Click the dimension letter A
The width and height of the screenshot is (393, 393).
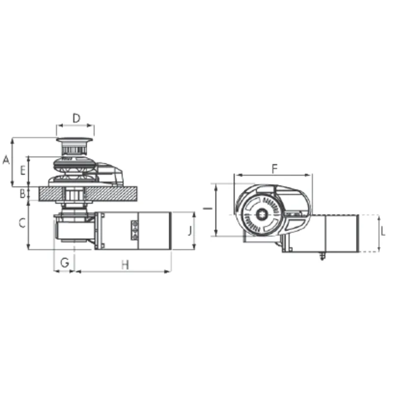click(x=6, y=160)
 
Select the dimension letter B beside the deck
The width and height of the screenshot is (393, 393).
click(x=22, y=194)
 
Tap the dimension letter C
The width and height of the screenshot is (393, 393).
click(x=22, y=224)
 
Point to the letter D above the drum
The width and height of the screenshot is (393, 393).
click(x=76, y=118)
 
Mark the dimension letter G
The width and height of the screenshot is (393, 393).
click(x=64, y=263)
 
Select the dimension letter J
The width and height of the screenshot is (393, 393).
click(x=190, y=229)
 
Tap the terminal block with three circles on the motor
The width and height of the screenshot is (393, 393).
click(x=135, y=231)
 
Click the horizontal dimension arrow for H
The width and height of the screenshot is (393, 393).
click(x=123, y=271)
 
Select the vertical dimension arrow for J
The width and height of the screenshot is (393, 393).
click(x=196, y=231)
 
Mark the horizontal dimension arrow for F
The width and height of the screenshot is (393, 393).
click(x=273, y=175)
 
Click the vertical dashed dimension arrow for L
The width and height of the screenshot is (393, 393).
click(x=379, y=234)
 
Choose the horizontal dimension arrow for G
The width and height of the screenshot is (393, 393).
click(x=64, y=271)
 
